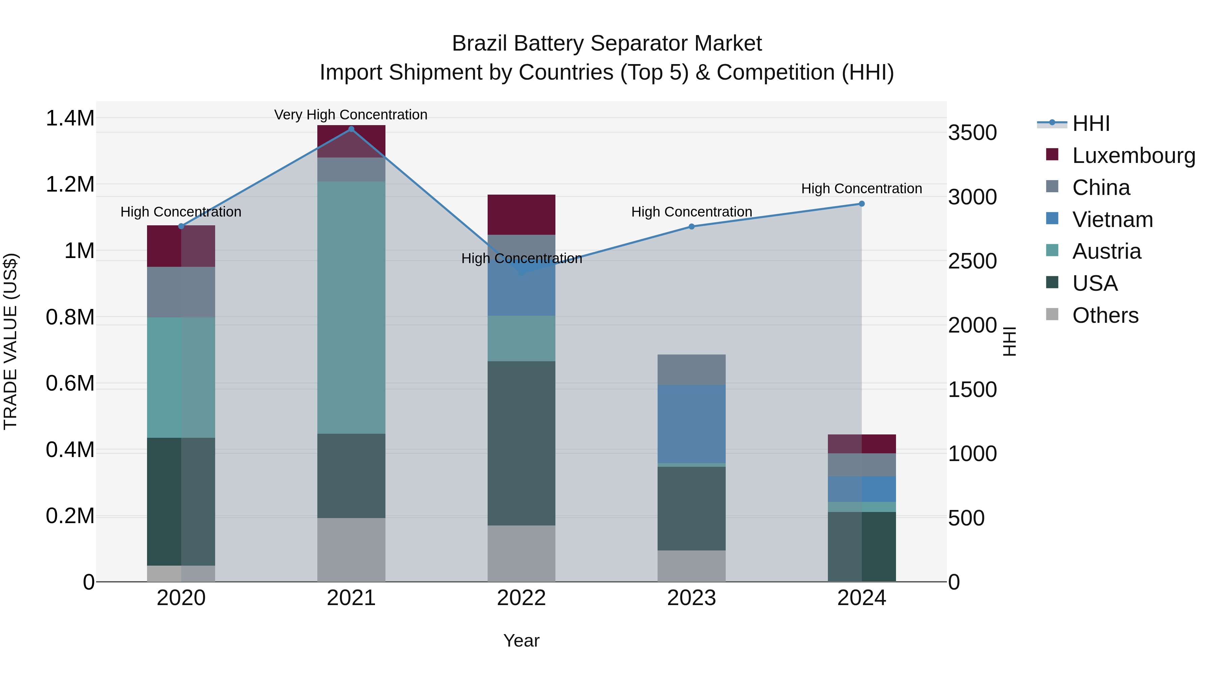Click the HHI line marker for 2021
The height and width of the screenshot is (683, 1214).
pos(351,129)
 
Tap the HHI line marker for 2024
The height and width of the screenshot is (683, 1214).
pos(862,204)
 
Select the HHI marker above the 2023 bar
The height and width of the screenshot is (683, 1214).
pos(691,226)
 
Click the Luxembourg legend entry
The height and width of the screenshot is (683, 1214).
pos(1133,155)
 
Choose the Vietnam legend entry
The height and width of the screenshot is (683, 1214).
pos(1112,220)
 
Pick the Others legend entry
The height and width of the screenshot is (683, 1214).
pos(1105,315)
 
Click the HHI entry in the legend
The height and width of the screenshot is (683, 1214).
pos(1091,123)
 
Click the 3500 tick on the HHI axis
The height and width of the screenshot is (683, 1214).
pos(972,133)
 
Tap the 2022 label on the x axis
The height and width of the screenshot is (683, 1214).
pos(521,598)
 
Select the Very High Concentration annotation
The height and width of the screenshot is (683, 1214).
pos(351,115)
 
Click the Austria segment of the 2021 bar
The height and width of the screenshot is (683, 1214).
pos(351,307)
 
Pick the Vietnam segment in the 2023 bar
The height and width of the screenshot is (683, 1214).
pos(691,424)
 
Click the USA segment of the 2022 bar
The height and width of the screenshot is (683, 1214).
pos(521,443)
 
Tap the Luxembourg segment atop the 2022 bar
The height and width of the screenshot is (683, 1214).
pos(521,215)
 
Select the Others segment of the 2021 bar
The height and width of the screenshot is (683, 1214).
pos(351,550)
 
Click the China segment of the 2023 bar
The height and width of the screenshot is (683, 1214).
pos(691,370)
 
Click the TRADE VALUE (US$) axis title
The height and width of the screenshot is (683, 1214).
pos(10,341)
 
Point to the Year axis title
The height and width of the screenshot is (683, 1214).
pos(521,641)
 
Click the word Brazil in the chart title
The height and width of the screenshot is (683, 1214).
pos(480,44)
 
